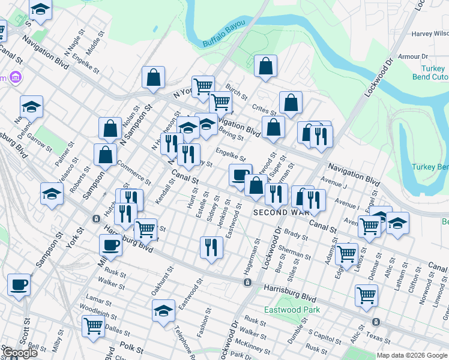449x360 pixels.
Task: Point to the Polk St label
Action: coord(130,348)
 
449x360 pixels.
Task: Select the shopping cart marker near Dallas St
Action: coord(93,325)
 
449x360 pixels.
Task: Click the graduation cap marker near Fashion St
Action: coord(163,310)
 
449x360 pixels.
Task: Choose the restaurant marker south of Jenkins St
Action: coord(211,246)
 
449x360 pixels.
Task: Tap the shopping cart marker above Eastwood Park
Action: coord(366,295)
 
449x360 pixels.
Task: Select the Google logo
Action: coord(19,353)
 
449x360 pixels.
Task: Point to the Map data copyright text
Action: coord(412,355)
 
